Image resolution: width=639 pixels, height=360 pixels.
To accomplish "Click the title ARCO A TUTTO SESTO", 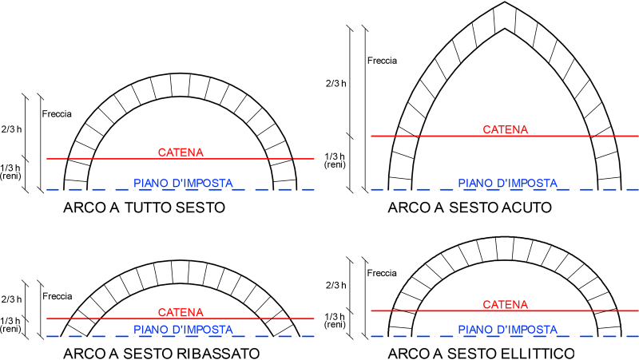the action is [145, 208].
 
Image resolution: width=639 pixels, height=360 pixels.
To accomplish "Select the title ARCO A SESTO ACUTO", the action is [470, 208].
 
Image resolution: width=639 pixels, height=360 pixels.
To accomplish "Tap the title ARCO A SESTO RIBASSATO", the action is [161, 353].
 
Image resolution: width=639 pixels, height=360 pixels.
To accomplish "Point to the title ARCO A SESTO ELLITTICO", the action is [482, 353].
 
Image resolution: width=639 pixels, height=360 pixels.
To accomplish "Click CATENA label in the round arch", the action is [181, 152].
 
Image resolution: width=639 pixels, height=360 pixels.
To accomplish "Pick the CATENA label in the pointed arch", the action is [506, 129].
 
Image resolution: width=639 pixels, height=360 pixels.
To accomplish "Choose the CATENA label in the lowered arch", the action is [181, 312].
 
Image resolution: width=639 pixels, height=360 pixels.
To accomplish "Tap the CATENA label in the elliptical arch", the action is [506, 305].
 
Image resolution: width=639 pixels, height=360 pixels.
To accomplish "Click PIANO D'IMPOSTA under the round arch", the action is [184, 184].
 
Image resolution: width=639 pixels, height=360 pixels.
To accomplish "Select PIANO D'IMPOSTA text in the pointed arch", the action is [508, 184].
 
